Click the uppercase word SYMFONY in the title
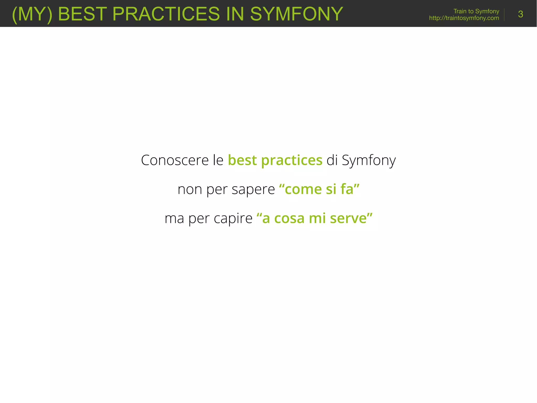(296, 14)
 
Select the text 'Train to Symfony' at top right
(476, 11)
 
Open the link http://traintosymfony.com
(464, 18)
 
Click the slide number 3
(520, 14)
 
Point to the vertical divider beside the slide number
(504, 14)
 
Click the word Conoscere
(175, 160)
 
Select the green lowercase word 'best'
(242, 160)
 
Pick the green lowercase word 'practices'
(292, 161)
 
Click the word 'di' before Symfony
(332, 160)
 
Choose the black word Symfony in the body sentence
(369, 161)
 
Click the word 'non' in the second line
(190, 189)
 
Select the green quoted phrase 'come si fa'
(319, 189)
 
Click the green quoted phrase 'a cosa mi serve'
(314, 218)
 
